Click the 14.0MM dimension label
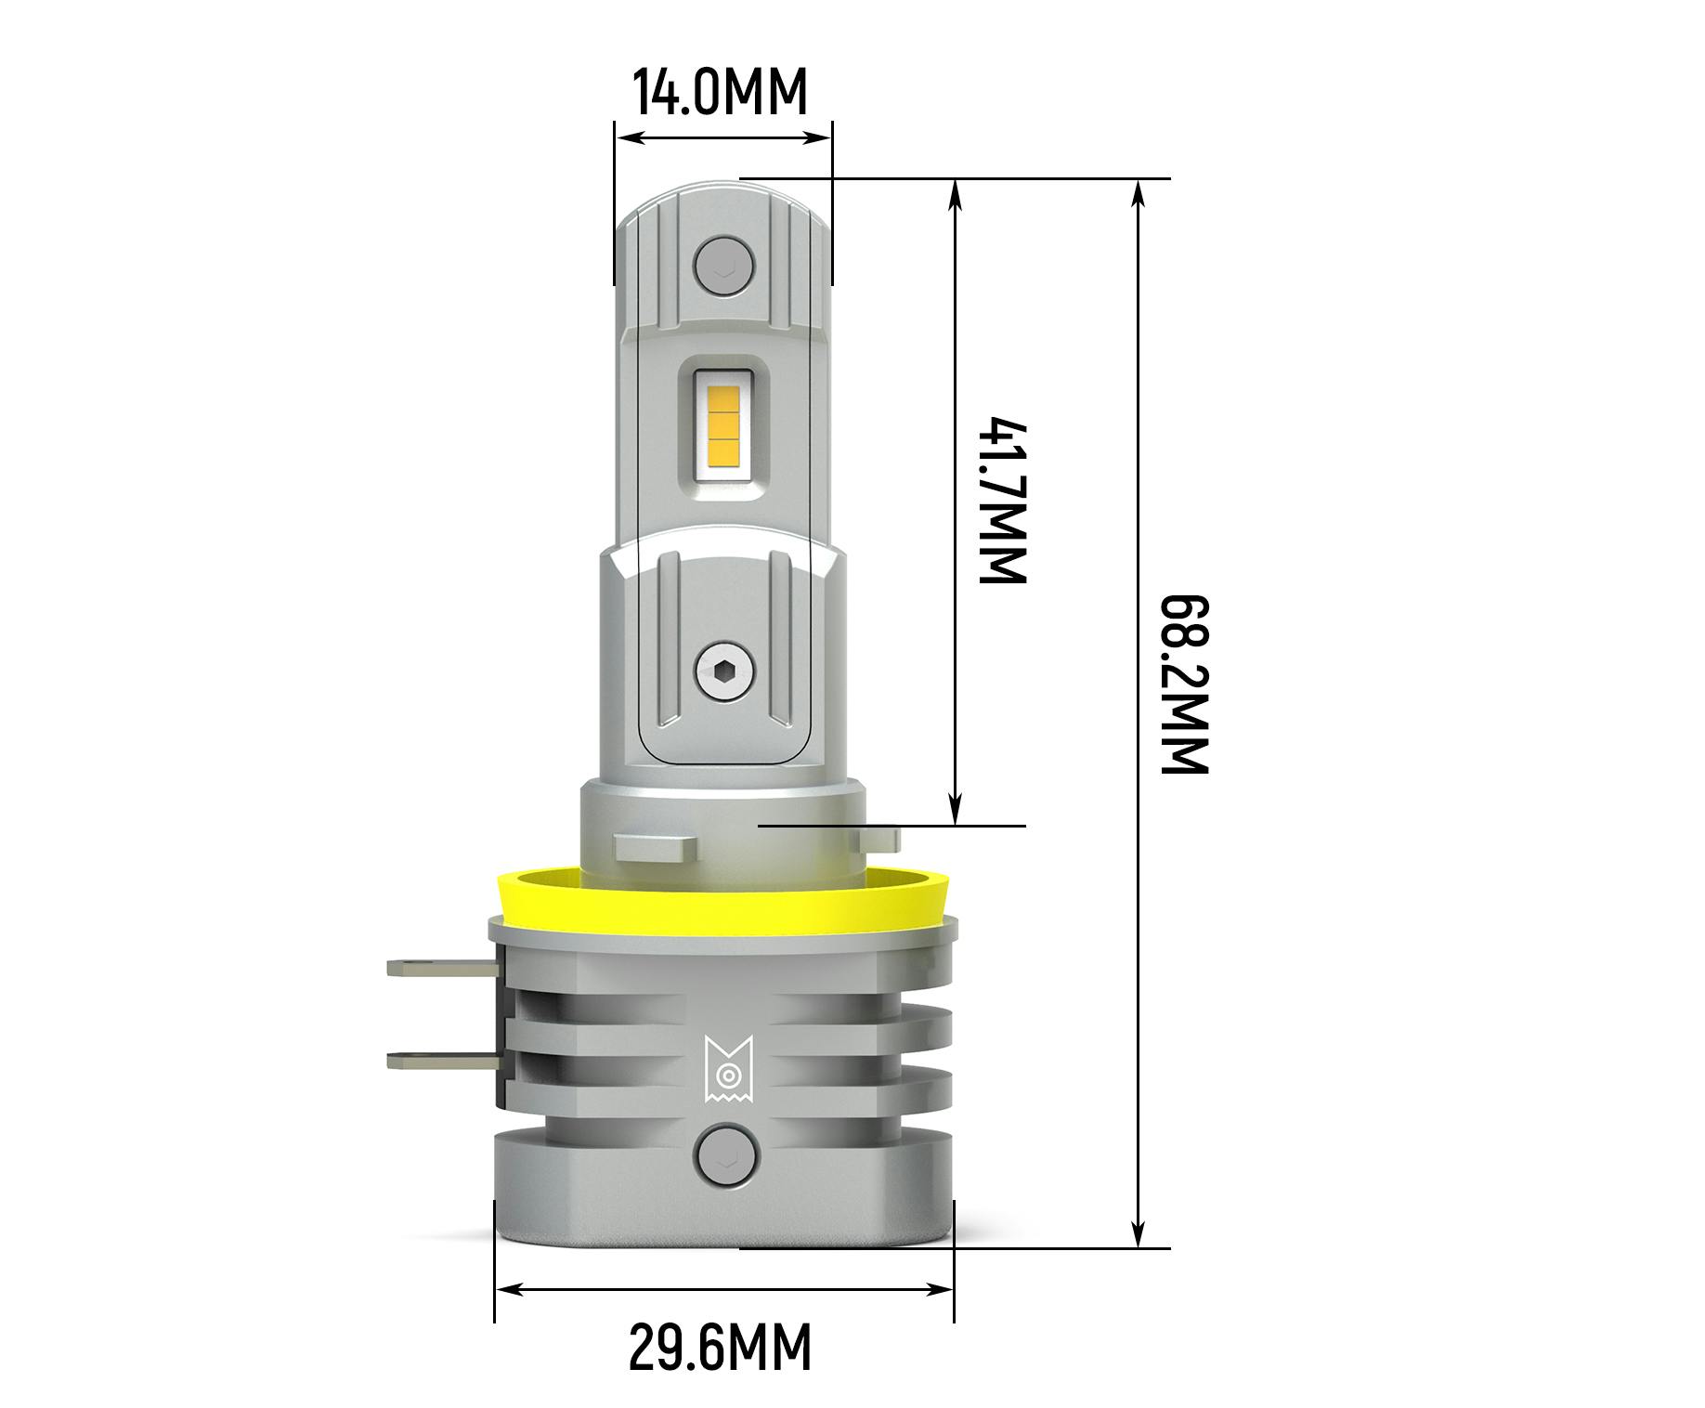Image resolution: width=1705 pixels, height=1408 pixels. (x=720, y=92)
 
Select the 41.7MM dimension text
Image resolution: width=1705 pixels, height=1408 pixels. (x=1004, y=502)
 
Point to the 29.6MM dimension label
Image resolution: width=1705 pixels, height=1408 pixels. (x=720, y=1348)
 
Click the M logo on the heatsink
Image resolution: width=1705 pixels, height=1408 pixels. (x=726, y=1068)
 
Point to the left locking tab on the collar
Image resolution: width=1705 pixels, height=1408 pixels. (x=655, y=846)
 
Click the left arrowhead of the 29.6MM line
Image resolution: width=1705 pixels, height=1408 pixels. (x=507, y=1289)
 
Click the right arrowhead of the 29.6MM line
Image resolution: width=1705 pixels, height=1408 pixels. (x=942, y=1289)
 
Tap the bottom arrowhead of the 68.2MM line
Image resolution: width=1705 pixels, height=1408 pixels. (x=1139, y=1235)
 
